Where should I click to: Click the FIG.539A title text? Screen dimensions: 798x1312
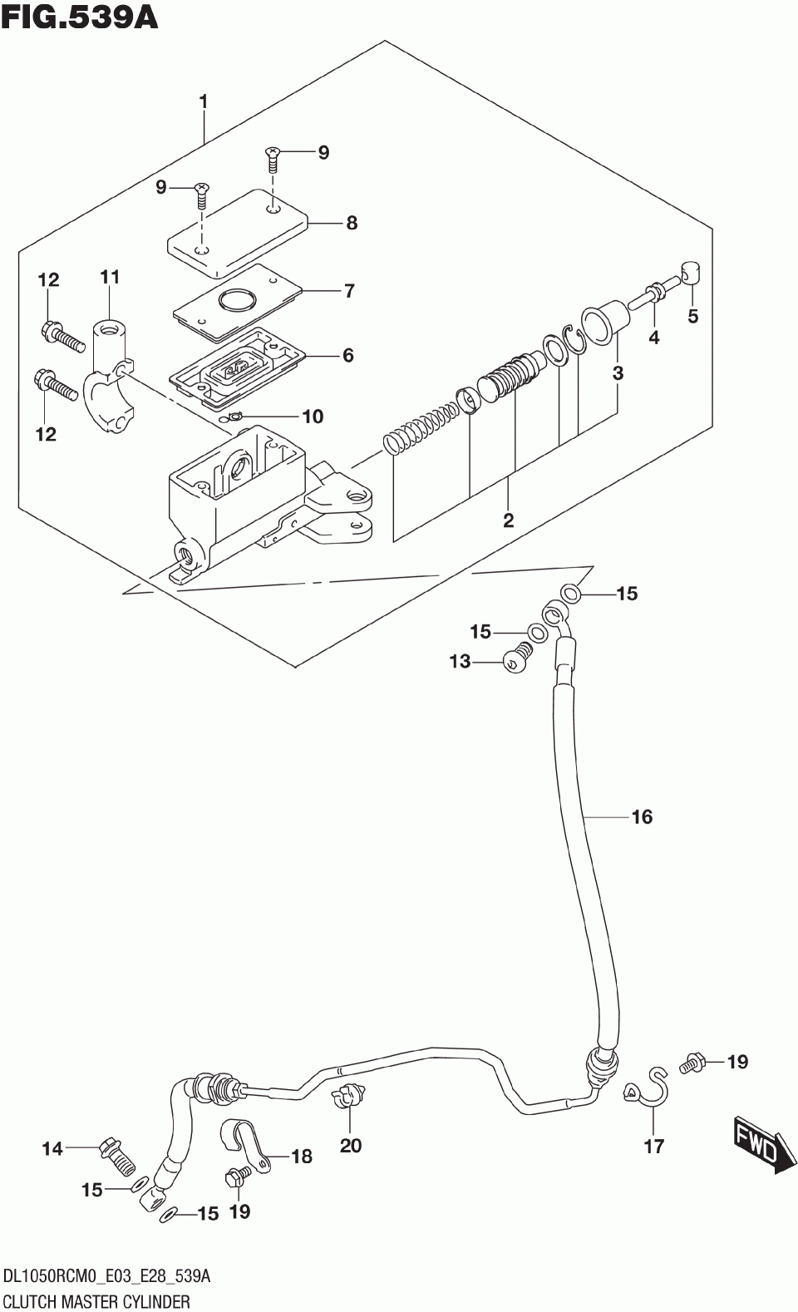coord(80,17)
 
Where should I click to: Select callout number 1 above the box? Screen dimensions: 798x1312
coord(203,102)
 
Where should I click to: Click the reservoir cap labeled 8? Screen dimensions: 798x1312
coord(238,233)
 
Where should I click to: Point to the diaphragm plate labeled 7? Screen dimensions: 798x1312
coord(238,303)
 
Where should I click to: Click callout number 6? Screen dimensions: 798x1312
coord(348,355)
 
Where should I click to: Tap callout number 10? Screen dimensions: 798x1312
coord(313,417)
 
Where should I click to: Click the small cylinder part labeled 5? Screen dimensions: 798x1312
coord(692,273)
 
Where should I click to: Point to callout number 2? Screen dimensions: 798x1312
coord(508,520)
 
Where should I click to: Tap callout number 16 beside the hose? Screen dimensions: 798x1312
coord(643,816)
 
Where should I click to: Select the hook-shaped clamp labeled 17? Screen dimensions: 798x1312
coord(648,1088)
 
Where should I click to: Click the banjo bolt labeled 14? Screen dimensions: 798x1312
coord(118,1156)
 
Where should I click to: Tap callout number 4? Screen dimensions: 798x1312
coord(654,337)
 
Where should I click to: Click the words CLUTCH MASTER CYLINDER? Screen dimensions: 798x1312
coord(97,1301)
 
